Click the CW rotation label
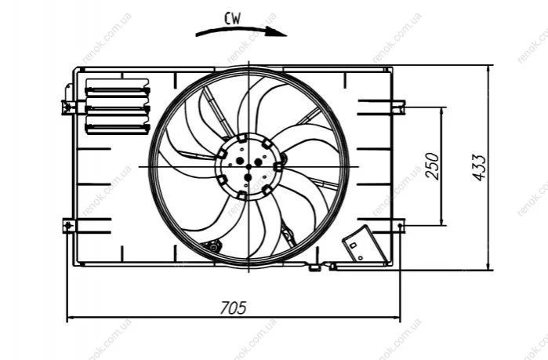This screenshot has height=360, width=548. pyautogui.click(x=232, y=19)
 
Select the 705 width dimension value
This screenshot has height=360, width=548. pyautogui.click(x=233, y=308)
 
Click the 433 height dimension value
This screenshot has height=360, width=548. pyautogui.click(x=479, y=167)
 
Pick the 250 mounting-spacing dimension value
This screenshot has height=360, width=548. pyautogui.click(x=432, y=166)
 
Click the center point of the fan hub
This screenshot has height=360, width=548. pyautogui.click(x=249, y=167)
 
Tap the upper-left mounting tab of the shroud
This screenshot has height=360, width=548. pyautogui.click(x=68, y=106)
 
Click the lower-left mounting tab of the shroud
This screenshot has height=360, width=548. pyautogui.click(x=69, y=226)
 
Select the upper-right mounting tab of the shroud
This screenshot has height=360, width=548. pyautogui.click(x=398, y=107)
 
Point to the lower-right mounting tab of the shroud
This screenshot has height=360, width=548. pyautogui.click(x=398, y=226)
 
